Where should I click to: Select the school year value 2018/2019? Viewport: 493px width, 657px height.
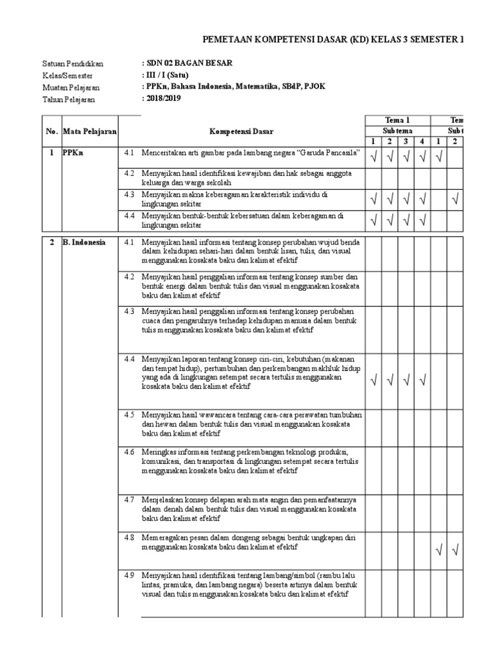(x=164, y=98)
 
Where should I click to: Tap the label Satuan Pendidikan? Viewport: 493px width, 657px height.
(x=73, y=64)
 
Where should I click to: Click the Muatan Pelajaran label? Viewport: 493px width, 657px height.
(x=71, y=87)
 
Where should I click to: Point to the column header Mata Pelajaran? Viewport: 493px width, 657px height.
(x=90, y=132)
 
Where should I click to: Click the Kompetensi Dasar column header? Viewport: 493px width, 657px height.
(x=241, y=132)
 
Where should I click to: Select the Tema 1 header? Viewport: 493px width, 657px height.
(x=397, y=121)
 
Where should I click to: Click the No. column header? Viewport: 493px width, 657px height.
(x=51, y=132)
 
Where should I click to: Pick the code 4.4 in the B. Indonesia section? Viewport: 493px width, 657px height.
(x=129, y=358)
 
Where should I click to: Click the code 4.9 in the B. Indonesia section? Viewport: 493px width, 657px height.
(x=129, y=575)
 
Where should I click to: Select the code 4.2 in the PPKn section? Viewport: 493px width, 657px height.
(x=129, y=174)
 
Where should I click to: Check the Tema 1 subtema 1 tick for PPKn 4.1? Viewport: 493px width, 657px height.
(x=374, y=156)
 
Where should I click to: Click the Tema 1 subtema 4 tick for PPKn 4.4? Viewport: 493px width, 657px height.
(x=422, y=221)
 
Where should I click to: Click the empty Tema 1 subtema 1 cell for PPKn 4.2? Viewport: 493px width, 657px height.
(x=374, y=178)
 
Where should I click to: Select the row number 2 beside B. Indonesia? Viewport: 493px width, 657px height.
(x=51, y=243)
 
